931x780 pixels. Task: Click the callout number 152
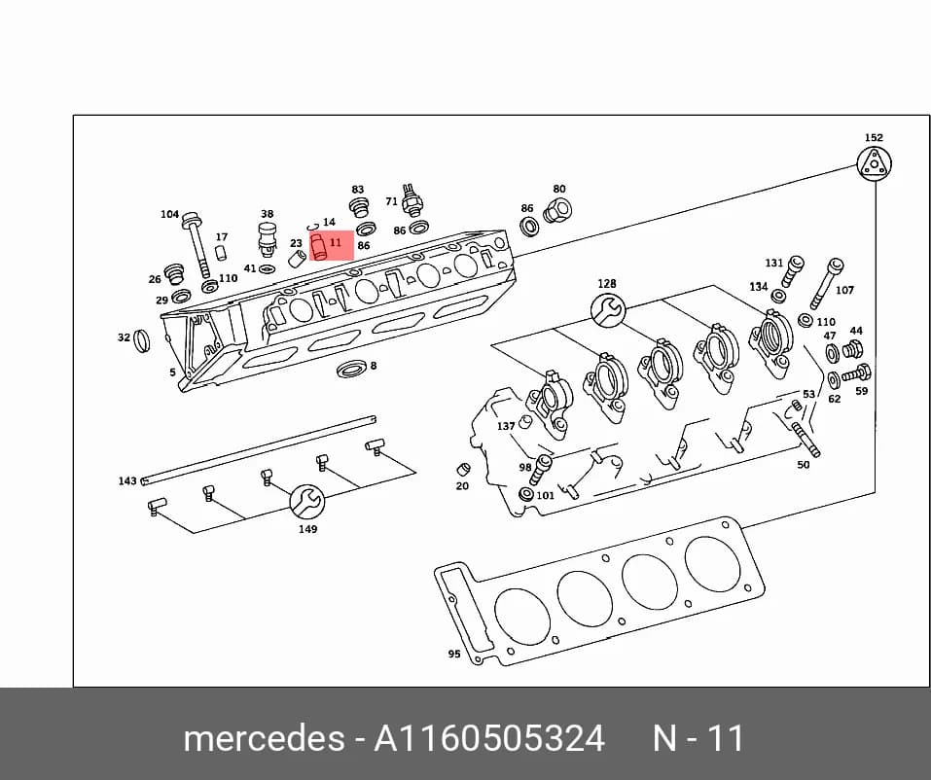(x=874, y=138)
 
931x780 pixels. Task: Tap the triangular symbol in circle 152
(x=875, y=162)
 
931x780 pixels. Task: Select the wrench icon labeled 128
(x=608, y=309)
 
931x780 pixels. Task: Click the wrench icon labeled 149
(x=307, y=502)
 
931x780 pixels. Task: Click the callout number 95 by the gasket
(x=454, y=654)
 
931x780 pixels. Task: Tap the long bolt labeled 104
(x=197, y=244)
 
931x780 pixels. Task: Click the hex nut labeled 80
(x=556, y=210)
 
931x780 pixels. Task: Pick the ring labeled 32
(x=142, y=340)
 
